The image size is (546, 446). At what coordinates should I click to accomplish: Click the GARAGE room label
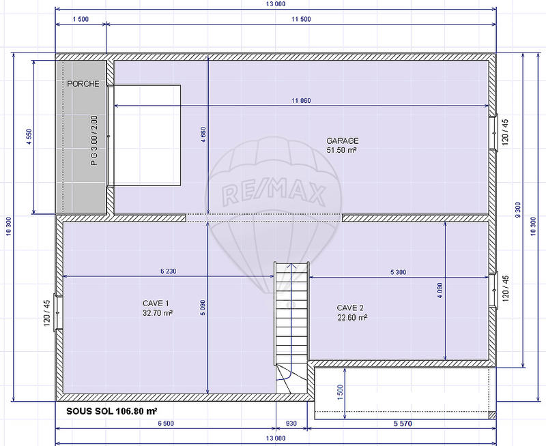(342, 140)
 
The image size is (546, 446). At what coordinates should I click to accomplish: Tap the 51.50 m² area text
(342, 149)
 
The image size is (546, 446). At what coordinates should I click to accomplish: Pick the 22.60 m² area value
(352, 317)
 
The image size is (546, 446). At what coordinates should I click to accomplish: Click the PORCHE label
(83, 84)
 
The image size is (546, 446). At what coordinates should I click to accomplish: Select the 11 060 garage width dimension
(301, 101)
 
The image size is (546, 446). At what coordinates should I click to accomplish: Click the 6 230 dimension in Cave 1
(168, 271)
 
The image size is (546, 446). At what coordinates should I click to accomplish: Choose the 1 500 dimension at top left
(81, 20)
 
